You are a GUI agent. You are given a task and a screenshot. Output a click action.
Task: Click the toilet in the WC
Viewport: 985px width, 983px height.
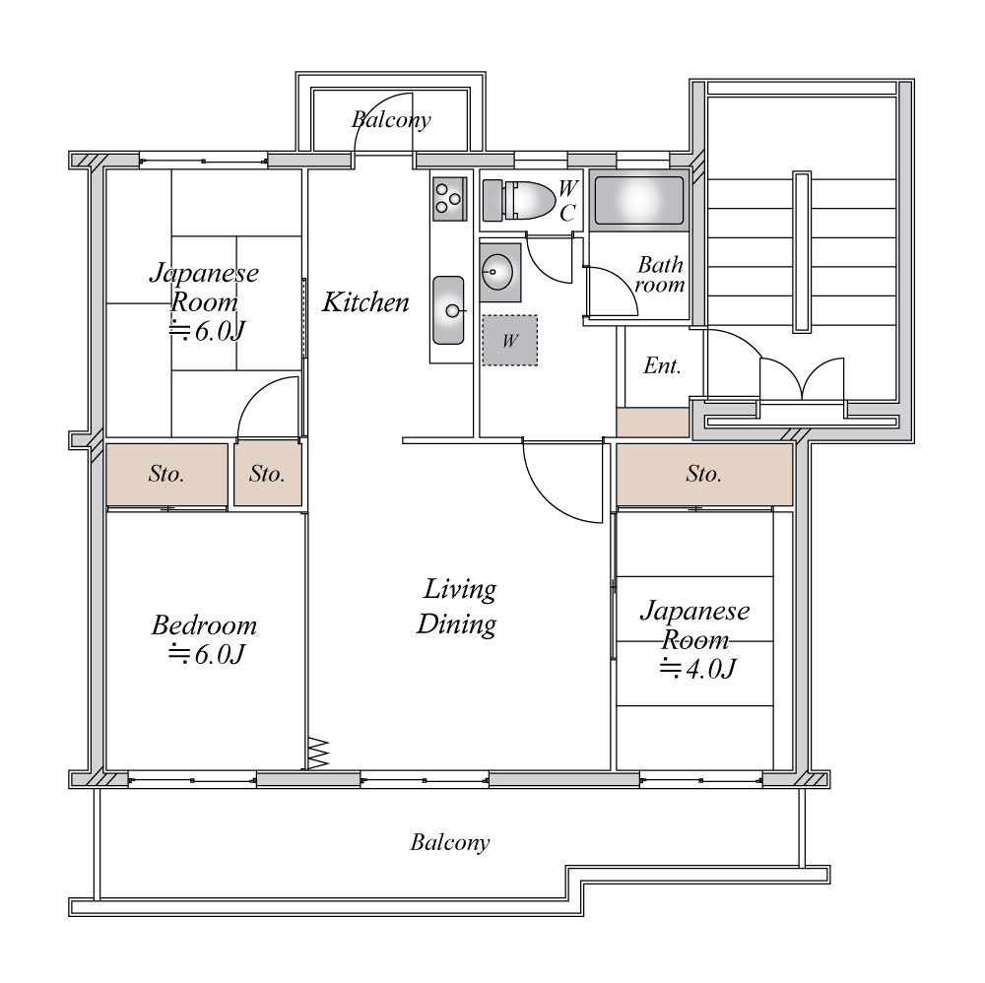(519, 200)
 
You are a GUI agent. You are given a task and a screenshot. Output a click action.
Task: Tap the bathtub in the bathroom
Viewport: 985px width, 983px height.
(639, 200)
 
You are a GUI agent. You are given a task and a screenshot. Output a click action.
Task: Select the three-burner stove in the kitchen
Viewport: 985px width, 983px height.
(449, 199)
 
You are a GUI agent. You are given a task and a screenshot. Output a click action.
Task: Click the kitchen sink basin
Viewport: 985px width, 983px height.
(448, 309)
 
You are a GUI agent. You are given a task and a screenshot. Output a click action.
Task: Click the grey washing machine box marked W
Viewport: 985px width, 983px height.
(510, 341)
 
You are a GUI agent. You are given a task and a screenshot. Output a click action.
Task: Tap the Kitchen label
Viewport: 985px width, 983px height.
(365, 302)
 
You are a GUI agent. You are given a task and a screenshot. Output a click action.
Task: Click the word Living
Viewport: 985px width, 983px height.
(460, 589)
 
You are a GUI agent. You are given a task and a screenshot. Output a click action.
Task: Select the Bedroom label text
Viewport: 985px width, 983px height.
(204, 625)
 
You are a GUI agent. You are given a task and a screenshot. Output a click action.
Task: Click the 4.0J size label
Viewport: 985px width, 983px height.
(697, 669)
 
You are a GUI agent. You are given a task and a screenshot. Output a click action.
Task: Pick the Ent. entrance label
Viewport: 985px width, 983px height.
(662, 365)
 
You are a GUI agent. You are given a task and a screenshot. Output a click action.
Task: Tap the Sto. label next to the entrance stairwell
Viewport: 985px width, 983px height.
(703, 474)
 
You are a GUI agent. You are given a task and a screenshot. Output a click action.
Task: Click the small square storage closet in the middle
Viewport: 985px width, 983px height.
(268, 474)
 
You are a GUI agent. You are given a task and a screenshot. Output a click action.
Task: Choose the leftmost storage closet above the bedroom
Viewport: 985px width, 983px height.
(166, 474)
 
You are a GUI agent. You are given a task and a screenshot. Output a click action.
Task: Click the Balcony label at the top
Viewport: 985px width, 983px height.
(391, 119)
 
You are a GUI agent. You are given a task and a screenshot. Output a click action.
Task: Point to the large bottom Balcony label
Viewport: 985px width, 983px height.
(450, 842)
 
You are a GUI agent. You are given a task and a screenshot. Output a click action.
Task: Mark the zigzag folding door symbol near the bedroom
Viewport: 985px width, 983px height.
(318, 753)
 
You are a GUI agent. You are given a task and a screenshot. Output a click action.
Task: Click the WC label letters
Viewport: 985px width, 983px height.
(568, 200)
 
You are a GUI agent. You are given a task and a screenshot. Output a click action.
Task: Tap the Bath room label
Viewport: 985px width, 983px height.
(660, 275)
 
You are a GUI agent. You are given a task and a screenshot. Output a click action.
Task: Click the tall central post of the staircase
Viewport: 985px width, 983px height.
(802, 251)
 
